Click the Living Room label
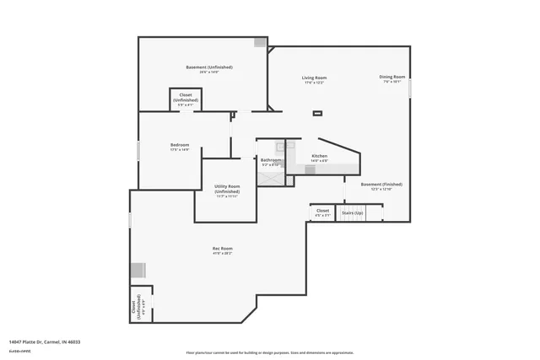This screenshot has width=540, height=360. pyautogui.click(x=314, y=79)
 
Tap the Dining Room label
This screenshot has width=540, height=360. pyautogui.click(x=392, y=78)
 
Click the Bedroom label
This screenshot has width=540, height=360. pyautogui.click(x=180, y=147)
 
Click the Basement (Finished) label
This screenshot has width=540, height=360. pyautogui.click(x=381, y=185)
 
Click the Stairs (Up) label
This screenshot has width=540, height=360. pyautogui.click(x=352, y=213)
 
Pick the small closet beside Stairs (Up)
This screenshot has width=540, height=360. pyautogui.click(x=322, y=212)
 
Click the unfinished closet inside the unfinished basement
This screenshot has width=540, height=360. pyautogui.click(x=186, y=99)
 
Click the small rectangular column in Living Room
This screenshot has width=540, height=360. pyautogui.click(x=317, y=113)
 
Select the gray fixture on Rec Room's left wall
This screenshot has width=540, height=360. pyautogui.click(x=138, y=270)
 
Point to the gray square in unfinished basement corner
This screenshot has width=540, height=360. pyautogui.click(x=261, y=41)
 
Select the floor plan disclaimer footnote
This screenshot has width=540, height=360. pyautogui.click(x=270, y=352)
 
